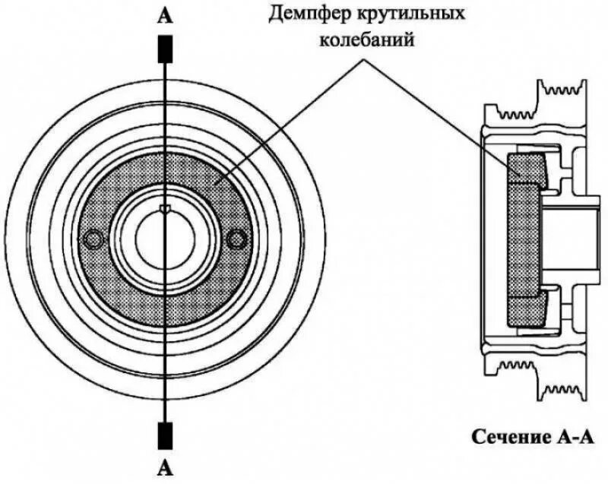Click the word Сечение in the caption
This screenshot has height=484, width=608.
pos(506,437)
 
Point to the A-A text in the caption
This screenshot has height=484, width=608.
pos(567,437)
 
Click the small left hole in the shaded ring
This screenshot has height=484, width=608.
pos(93,239)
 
